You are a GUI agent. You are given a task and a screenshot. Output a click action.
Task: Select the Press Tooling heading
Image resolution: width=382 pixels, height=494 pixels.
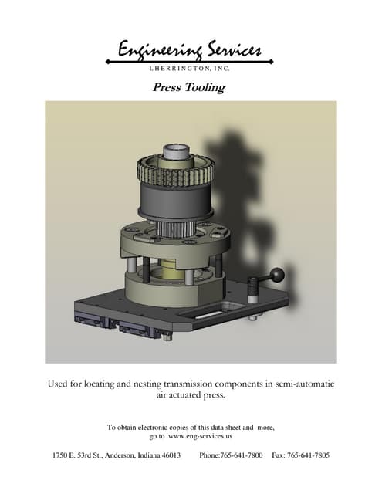pyautogui.click(x=189, y=87)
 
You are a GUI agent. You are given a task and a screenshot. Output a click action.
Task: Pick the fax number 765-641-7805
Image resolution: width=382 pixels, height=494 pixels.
pyautogui.click(x=309, y=455)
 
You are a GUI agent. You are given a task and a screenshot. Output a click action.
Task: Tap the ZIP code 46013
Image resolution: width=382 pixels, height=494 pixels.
pyautogui.click(x=168, y=455)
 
